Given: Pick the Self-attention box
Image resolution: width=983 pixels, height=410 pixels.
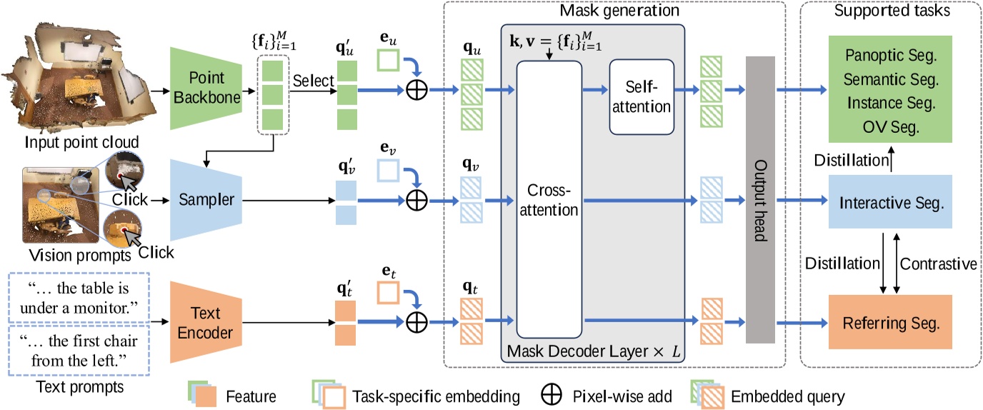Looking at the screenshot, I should pos(641,97).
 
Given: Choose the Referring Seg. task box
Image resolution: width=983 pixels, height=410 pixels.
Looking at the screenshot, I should pos(889,322).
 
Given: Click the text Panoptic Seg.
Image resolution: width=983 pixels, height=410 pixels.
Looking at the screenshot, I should pos(889,55).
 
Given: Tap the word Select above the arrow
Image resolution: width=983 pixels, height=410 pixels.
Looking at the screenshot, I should pos(314,81).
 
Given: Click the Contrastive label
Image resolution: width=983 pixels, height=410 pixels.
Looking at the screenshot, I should pos(938,264).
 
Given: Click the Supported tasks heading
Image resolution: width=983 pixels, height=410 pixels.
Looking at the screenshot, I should pos(889,11).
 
